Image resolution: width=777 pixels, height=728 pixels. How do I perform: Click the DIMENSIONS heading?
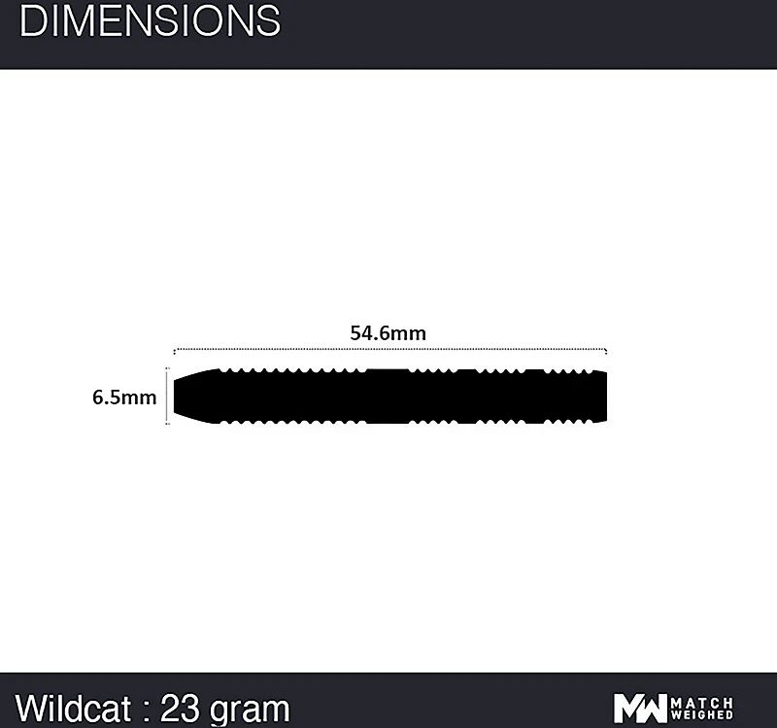click(150, 21)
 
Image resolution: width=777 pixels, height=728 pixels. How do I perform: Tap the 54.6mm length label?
click(388, 332)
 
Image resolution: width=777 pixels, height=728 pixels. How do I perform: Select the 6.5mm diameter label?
click(124, 397)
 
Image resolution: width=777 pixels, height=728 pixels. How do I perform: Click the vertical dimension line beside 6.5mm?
click(168, 397)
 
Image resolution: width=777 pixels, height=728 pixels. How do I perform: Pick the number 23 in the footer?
click(181, 706)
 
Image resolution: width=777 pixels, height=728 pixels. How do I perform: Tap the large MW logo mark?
click(640, 708)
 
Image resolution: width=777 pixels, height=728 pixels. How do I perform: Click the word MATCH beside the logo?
click(703, 701)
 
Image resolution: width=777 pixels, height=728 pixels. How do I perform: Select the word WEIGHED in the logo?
click(703, 715)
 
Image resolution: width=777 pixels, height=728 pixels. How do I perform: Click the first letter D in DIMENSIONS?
click(31, 21)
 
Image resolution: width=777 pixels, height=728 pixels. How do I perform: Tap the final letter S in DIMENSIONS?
click(267, 21)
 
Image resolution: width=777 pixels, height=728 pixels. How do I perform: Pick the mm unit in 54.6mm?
click(411, 332)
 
